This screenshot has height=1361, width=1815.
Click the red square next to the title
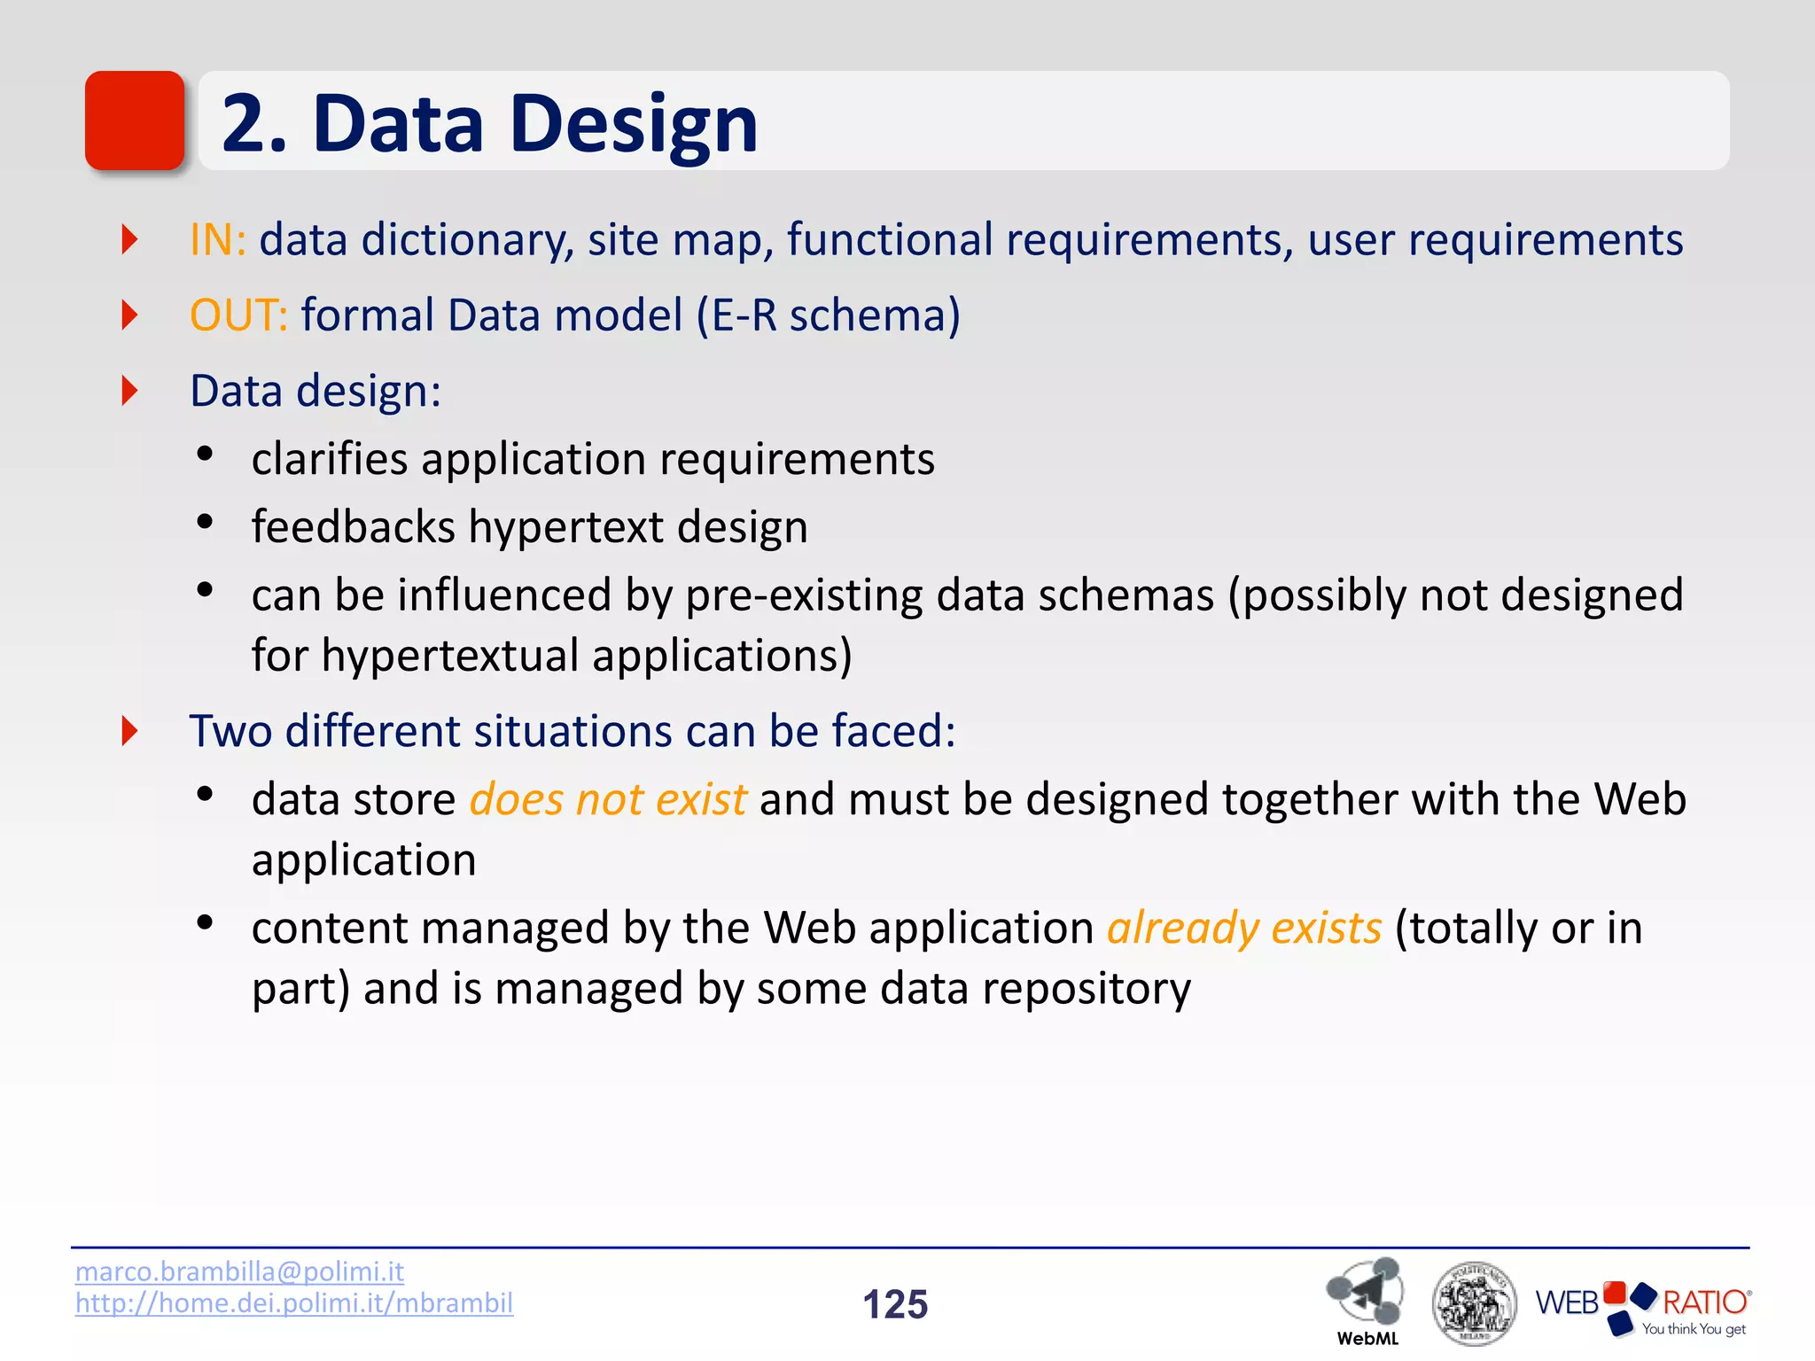point(135,121)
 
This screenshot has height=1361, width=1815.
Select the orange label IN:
point(217,240)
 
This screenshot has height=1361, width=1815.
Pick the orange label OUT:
point(238,315)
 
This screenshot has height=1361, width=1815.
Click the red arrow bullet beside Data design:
point(130,391)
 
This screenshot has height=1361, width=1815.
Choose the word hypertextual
point(450,656)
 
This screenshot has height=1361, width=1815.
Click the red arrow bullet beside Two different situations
point(130,731)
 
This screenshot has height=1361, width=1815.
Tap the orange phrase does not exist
point(608,799)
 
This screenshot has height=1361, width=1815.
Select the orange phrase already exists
point(1243,929)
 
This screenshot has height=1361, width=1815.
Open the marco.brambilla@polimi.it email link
point(239,1272)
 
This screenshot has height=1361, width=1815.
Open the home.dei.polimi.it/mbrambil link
point(294,1303)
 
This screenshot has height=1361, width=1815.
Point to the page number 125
point(895,1304)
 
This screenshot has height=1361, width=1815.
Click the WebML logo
point(1366,1298)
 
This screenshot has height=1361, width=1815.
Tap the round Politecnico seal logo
point(1473,1303)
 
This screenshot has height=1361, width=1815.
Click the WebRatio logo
point(1642,1305)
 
